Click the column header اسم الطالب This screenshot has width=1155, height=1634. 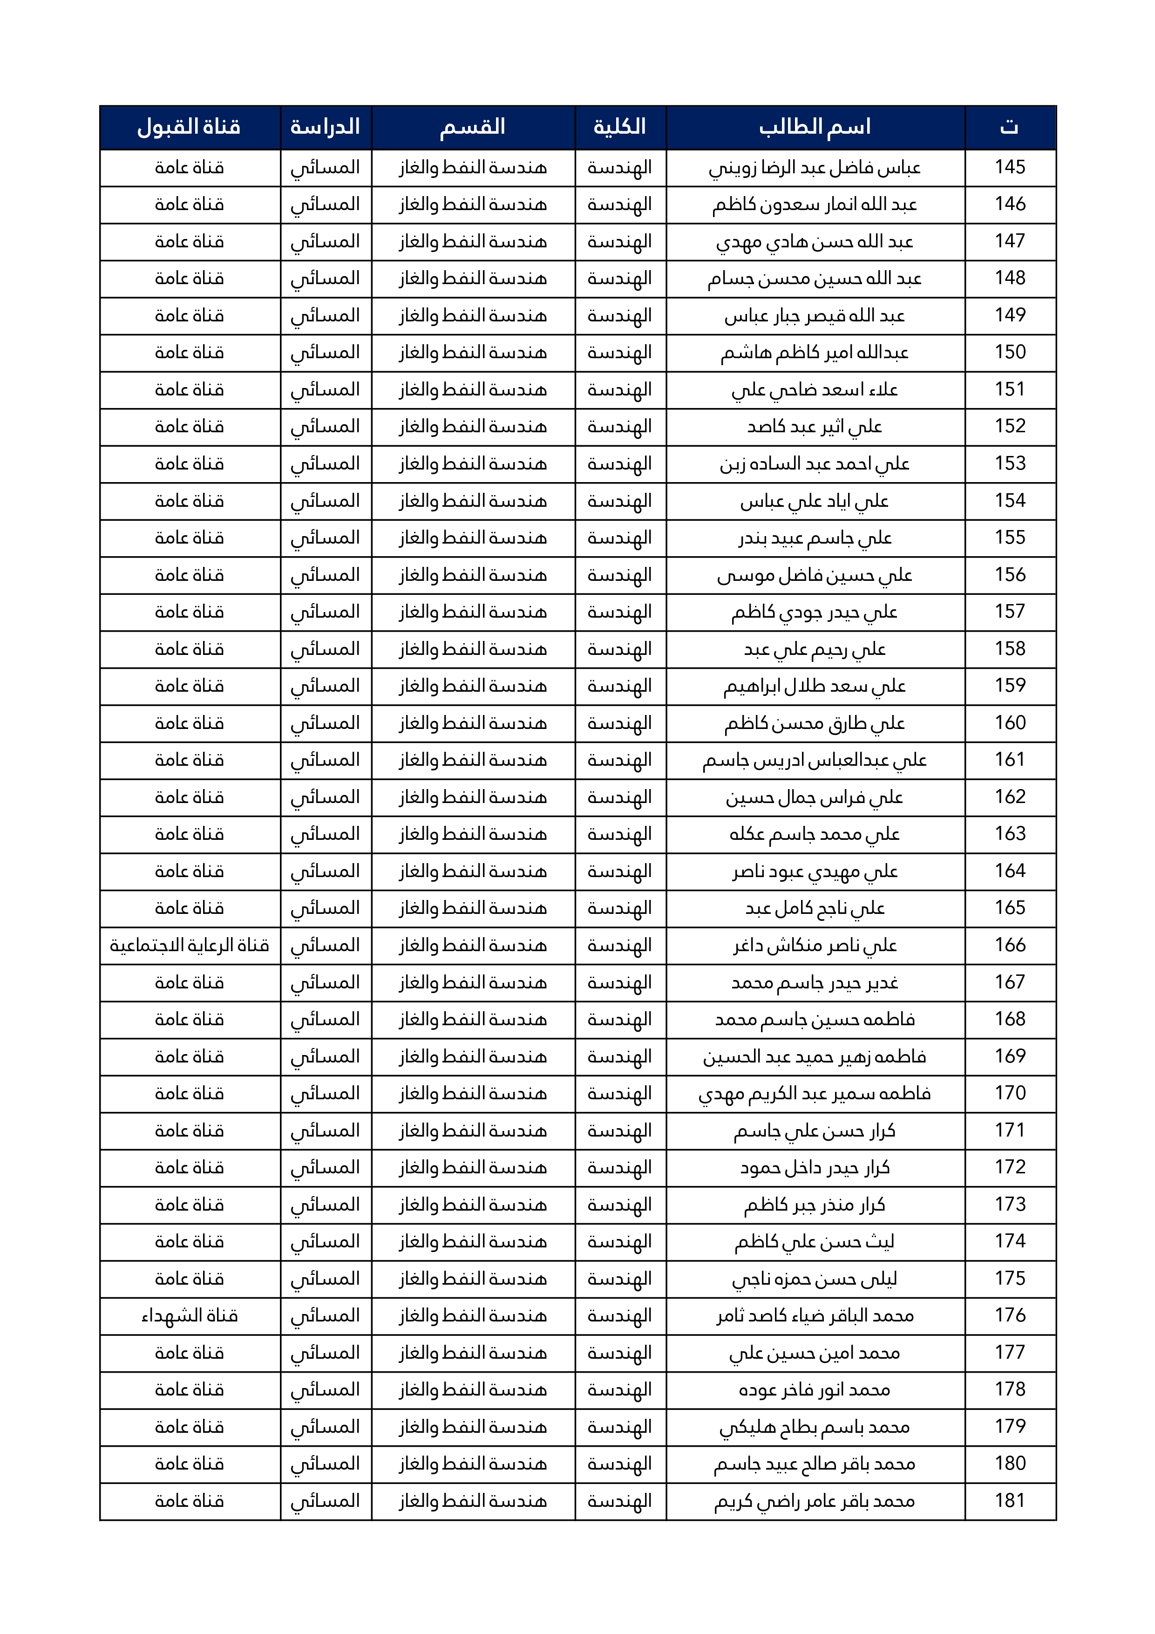click(815, 127)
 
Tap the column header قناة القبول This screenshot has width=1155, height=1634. click(189, 127)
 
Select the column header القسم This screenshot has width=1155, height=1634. click(473, 127)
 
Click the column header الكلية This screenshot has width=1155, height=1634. click(620, 127)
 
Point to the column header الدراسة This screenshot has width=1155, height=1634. click(325, 127)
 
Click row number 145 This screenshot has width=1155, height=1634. click(1010, 167)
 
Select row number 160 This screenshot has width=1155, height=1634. click(1010, 723)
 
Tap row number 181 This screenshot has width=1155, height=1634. click(1010, 1501)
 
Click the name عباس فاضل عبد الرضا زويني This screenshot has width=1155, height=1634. click(815, 168)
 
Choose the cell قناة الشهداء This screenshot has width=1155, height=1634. click(189, 1316)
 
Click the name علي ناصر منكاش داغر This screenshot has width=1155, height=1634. click(815, 946)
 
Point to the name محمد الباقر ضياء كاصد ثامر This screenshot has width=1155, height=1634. click(815, 1316)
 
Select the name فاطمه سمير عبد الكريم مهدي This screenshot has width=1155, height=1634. click(815, 1094)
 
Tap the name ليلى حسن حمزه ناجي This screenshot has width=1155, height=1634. click(815, 1279)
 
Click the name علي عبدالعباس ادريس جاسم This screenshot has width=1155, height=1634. click(815, 761)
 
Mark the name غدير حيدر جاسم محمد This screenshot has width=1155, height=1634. click(815, 983)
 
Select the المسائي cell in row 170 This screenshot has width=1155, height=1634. click(325, 1094)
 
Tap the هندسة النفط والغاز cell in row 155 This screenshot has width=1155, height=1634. click(473, 538)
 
